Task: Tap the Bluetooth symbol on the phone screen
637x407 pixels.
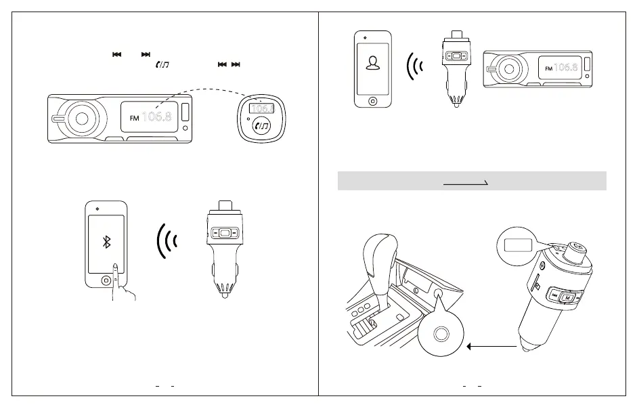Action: [106, 243]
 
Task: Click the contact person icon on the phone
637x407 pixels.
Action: [372, 63]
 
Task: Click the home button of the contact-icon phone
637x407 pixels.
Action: [372, 102]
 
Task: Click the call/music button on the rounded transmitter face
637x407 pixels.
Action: [261, 125]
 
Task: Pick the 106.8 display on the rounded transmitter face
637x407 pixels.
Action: [261, 108]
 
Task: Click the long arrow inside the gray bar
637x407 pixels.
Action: [466, 183]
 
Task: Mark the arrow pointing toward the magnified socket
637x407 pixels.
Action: [493, 346]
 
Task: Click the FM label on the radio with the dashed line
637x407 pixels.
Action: [133, 119]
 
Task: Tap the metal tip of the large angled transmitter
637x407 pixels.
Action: [527, 347]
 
